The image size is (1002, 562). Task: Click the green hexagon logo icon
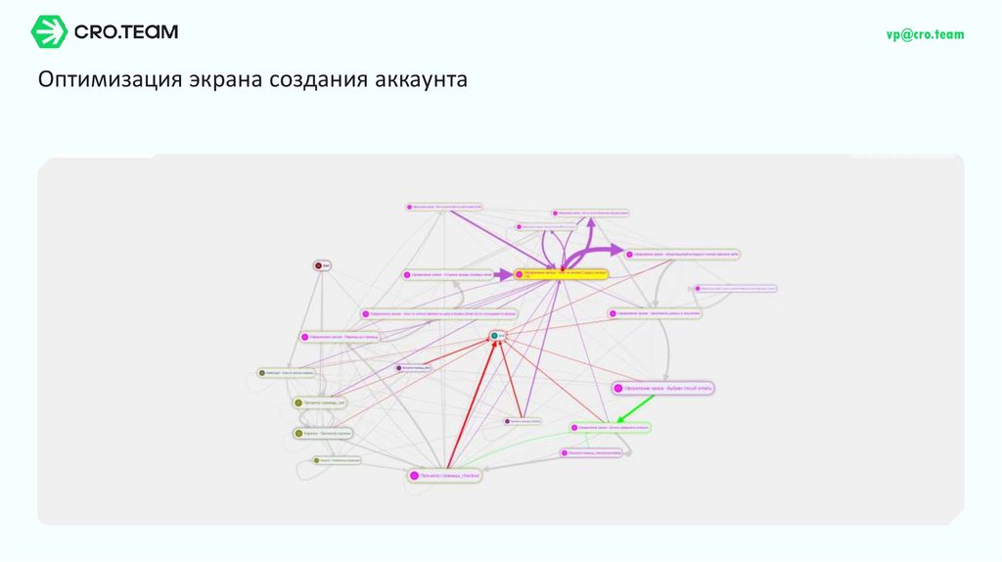click(49, 32)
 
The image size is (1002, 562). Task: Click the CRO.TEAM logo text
click(127, 32)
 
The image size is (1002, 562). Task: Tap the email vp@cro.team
click(925, 34)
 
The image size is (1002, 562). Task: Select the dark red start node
click(319, 265)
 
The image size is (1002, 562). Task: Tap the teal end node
click(498, 336)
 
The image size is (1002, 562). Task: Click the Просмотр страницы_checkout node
click(447, 475)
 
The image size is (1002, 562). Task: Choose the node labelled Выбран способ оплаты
click(663, 388)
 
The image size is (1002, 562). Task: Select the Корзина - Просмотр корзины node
click(323, 433)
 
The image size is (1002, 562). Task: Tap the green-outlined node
click(611, 428)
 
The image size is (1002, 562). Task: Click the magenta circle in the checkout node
click(414, 475)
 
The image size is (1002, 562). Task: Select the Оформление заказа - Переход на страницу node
click(339, 337)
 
